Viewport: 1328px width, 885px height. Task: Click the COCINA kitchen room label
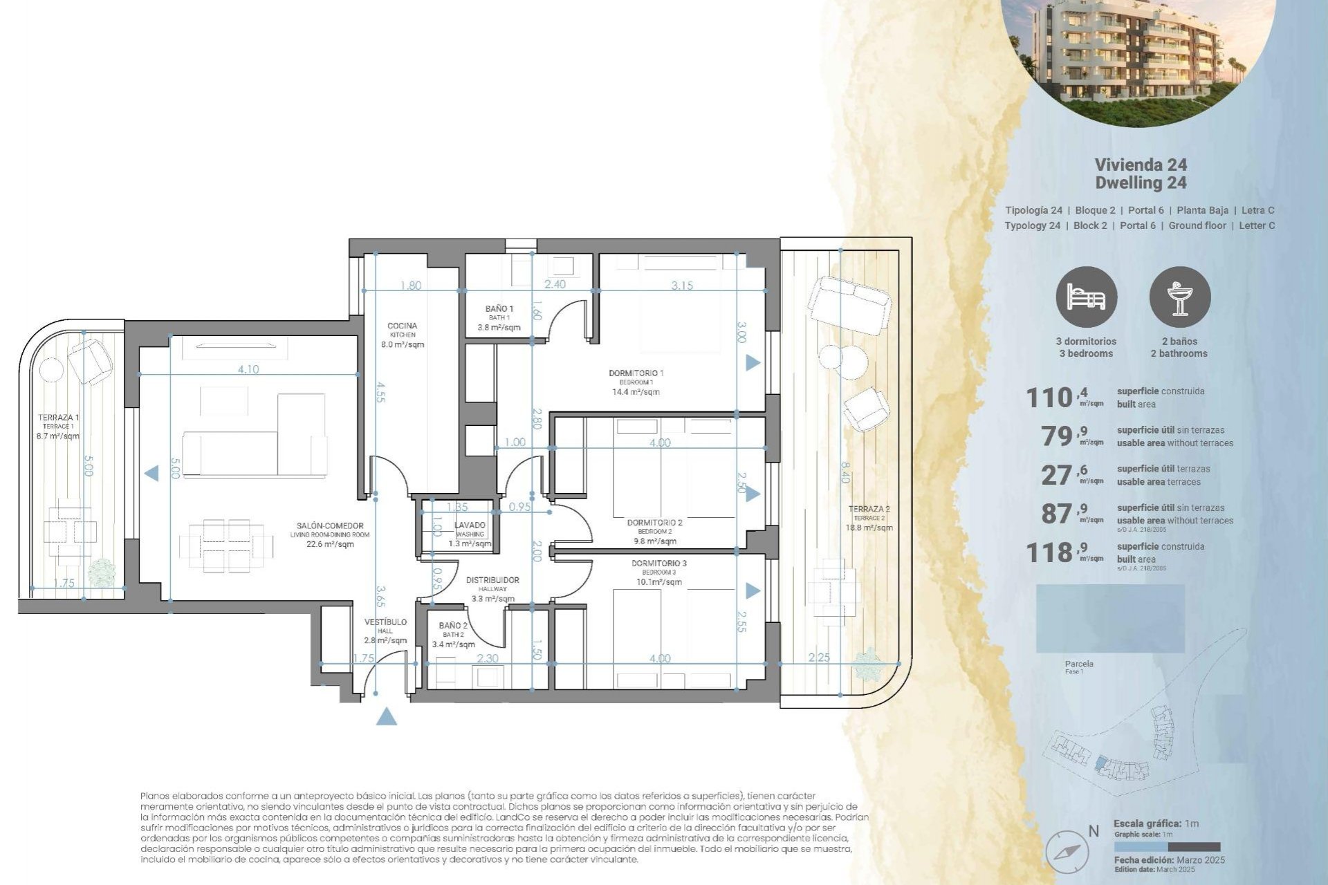(x=402, y=326)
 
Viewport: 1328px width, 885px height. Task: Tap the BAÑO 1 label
(x=499, y=309)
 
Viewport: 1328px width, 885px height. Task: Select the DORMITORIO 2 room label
(x=654, y=523)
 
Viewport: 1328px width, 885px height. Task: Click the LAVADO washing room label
(x=470, y=525)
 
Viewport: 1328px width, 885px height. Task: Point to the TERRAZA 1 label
(x=58, y=418)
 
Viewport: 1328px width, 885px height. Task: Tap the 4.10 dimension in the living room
(x=248, y=369)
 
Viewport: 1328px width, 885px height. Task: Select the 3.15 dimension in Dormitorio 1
(x=681, y=286)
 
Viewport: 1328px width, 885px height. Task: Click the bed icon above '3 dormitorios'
(x=1086, y=297)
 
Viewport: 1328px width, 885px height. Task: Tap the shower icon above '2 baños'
(x=1180, y=297)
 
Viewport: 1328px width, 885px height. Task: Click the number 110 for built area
(x=1049, y=398)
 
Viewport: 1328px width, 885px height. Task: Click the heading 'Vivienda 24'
(x=1141, y=165)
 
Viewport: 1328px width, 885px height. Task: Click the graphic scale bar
(x=1167, y=846)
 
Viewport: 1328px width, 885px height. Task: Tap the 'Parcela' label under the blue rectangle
(x=1079, y=664)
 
